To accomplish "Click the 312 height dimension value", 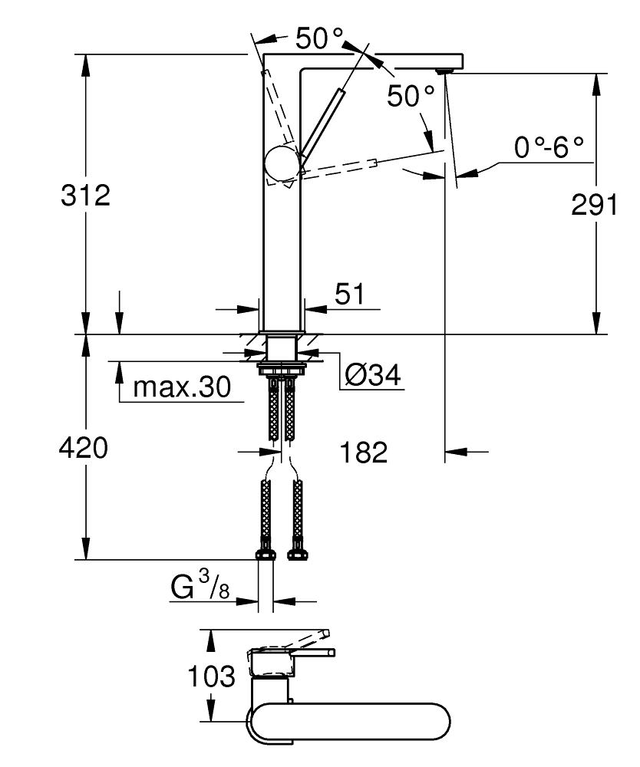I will click(x=85, y=196).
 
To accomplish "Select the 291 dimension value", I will click(x=594, y=205).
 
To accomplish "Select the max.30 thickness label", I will click(x=181, y=387).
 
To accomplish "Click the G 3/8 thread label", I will click(x=198, y=588).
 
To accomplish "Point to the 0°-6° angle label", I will click(x=549, y=148).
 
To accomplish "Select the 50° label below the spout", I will click(x=411, y=96).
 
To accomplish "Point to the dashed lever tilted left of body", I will click(x=276, y=107).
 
